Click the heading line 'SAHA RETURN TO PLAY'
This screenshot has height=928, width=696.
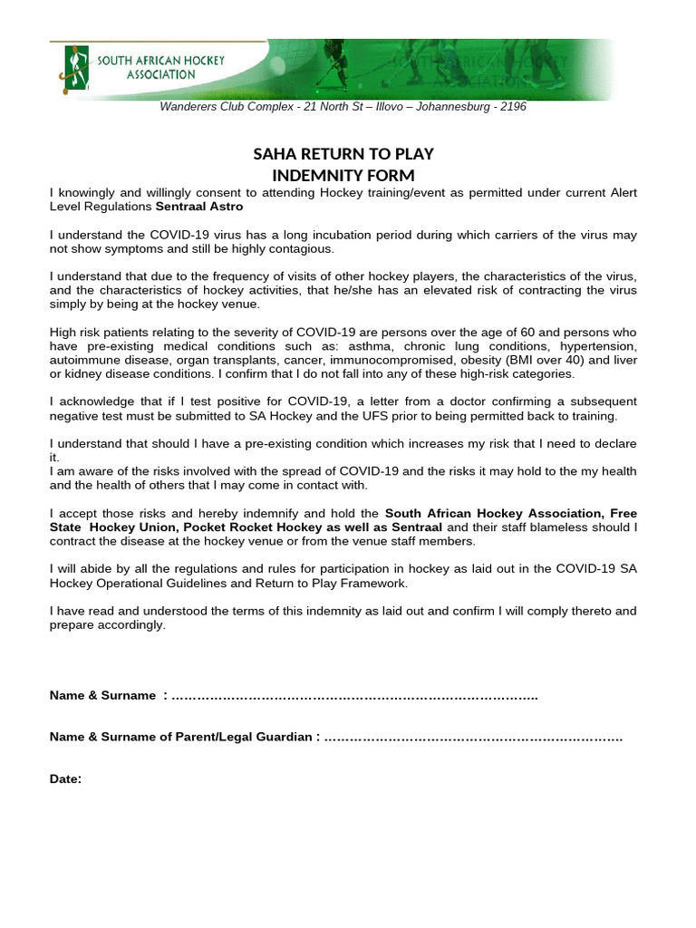coord(343,154)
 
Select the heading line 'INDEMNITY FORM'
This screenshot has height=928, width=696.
coord(343,175)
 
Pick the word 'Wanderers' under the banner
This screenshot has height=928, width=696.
coord(188,107)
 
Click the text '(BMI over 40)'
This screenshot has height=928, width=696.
coord(521,360)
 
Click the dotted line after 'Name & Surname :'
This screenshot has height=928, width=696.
coord(353,696)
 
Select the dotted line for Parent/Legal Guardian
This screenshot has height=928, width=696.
coord(472,738)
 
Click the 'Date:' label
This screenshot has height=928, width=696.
coord(66,778)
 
